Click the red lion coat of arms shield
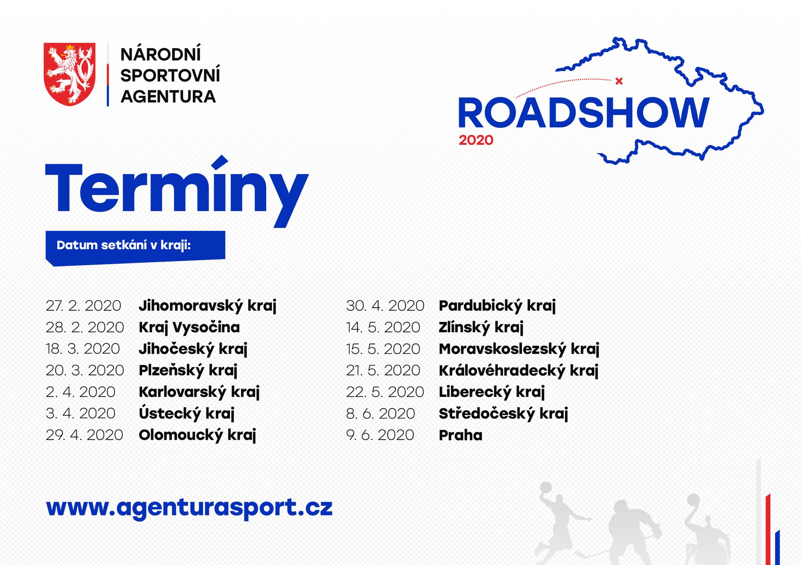pos(70,74)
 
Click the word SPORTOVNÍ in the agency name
pos(170,75)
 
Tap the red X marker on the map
pos(619,81)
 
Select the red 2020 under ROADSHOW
pos(476,140)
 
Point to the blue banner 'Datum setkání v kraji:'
pos(135,247)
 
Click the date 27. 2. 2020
pos(84,306)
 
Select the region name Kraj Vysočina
pos(189,327)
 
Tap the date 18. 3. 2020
pos(83,349)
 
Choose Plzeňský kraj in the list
pos(188,370)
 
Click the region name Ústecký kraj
pos(186,413)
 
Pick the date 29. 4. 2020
pos(84,435)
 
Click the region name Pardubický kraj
pos(497,306)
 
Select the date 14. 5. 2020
pos(383,327)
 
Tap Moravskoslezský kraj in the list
pos(519,349)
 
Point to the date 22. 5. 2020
pos(385,392)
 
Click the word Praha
pos(460,435)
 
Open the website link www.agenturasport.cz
pos(189,508)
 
